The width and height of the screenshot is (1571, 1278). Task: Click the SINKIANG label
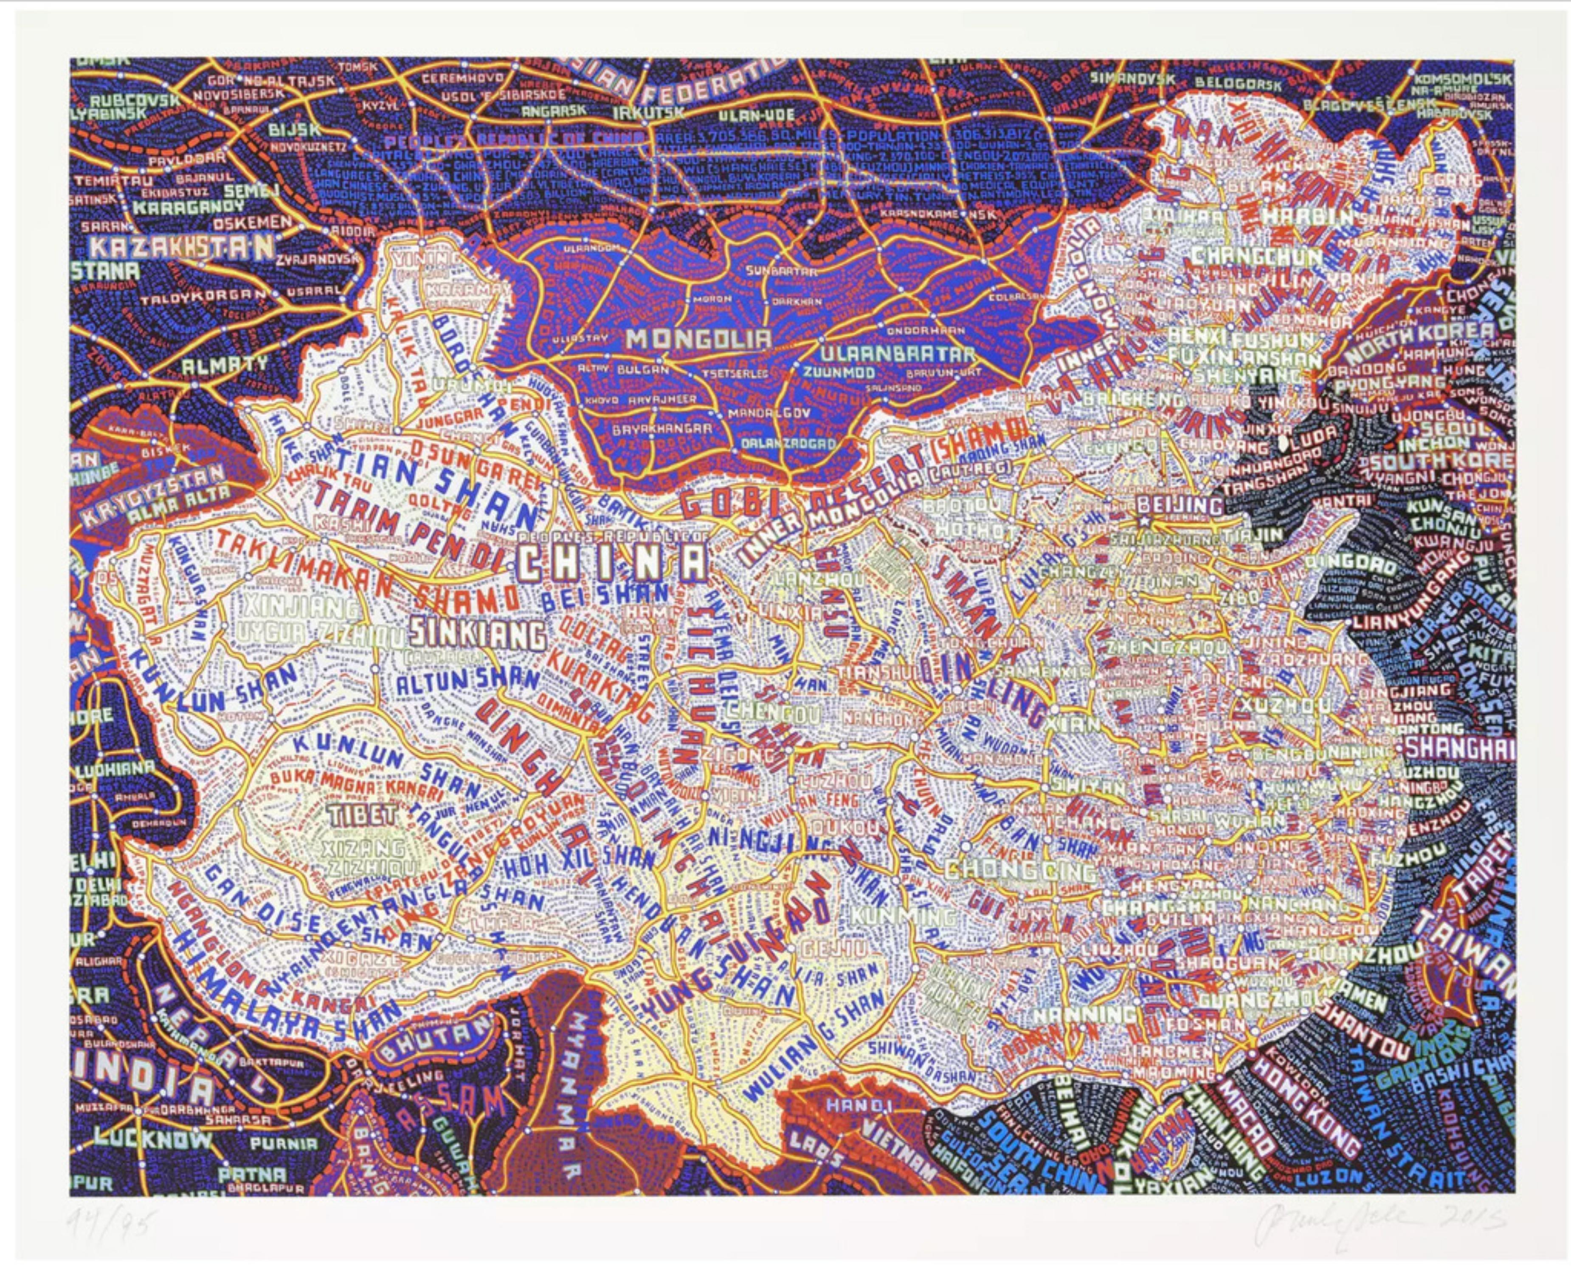479,633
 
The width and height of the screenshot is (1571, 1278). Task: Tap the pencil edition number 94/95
110,1224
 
